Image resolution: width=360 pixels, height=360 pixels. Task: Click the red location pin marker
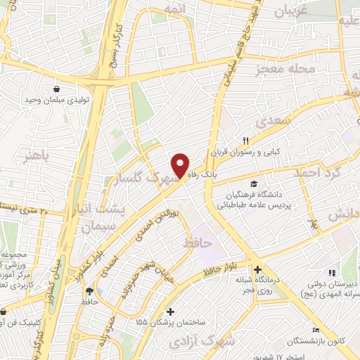(181, 165)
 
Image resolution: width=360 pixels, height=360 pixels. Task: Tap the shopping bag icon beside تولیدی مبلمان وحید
(57, 89)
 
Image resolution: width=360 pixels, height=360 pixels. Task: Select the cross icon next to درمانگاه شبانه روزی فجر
(259, 269)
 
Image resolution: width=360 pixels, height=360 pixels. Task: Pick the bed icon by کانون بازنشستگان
(316, 330)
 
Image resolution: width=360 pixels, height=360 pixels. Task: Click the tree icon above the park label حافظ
(89, 291)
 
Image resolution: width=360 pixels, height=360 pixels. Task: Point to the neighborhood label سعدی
(272, 121)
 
